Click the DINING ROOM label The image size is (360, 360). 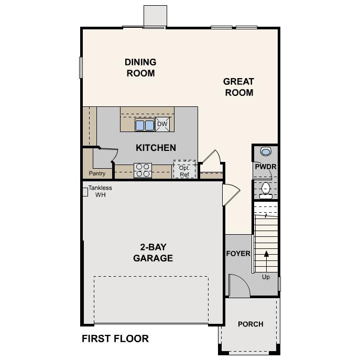(x=140, y=68)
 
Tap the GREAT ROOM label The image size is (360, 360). (x=238, y=87)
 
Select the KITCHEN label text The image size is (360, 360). (x=156, y=148)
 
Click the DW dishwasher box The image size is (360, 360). (x=162, y=124)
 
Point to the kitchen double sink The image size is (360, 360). (x=145, y=125)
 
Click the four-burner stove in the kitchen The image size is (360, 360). (x=143, y=170)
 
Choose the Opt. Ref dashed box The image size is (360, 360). (x=184, y=170)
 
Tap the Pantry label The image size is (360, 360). (x=97, y=173)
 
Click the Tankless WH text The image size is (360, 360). (x=100, y=191)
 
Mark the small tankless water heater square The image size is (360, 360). (x=84, y=192)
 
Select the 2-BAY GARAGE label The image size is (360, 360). (x=153, y=253)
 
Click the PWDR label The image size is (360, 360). (x=266, y=167)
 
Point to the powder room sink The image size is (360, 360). (x=266, y=151)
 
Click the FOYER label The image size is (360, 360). (x=238, y=254)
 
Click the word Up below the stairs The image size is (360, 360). (x=266, y=277)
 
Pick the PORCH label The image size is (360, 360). (x=250, y=324)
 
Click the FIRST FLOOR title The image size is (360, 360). (x=115, y=339)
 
